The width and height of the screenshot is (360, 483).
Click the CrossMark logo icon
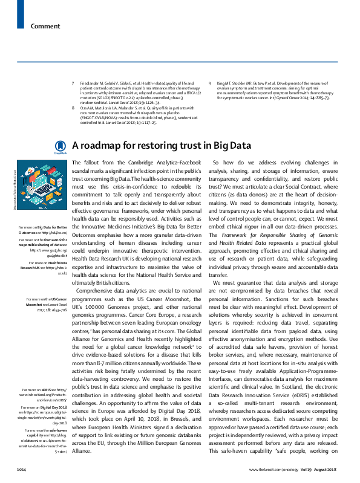point(60,146)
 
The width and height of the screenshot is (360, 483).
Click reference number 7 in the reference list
point(73,83)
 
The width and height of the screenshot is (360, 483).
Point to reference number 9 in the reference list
point(209,83)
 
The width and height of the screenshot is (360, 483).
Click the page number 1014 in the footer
point(22,469)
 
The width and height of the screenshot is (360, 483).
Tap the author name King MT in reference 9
point(222,83)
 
